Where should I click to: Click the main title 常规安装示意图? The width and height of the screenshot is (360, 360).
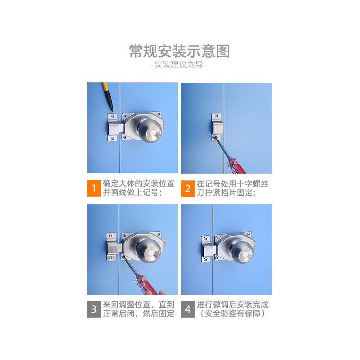(x=179, y=51)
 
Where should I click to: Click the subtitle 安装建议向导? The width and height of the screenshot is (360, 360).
(x=179, y=65)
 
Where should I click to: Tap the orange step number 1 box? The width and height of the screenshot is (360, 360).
(x=94, y=188)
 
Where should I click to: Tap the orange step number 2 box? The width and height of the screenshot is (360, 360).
(x=188, y=189)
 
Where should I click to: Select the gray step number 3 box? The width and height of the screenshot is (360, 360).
(x=94, y=309)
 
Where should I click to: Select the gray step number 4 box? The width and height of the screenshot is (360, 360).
(x=188, y=309)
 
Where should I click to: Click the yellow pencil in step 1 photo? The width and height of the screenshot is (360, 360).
(x=108, y=97)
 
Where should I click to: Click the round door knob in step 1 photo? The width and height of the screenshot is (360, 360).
(x=150, y=130)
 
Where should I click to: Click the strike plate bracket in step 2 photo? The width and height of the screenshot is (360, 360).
(x=217, y=126)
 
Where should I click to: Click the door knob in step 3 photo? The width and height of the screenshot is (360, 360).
(x=149, y=250)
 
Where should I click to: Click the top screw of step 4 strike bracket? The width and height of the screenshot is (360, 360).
(x=206, y=239)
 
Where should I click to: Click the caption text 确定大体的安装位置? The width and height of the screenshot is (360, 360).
(x=139, y=184)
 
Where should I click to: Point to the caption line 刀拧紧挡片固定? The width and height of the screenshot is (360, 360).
(x=226, y=193)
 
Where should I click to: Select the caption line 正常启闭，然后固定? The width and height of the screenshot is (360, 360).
(x=139, y=313)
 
